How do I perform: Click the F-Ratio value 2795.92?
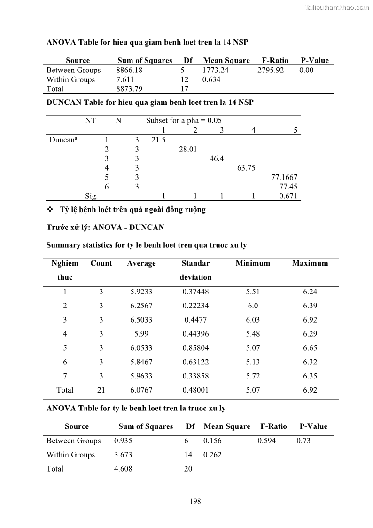[271, 70]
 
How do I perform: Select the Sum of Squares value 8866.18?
[129, 70]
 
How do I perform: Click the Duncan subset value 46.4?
[217, 158]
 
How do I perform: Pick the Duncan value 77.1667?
[284, 177]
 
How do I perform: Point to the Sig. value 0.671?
[288, 197]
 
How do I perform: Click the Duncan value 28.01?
[187, 149]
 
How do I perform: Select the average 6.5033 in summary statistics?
[141, 320]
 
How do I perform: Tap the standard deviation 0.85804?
[195, 348]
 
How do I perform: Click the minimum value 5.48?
[253, 334]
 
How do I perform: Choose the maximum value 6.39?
[310, 306]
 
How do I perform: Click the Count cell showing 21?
[101, 390]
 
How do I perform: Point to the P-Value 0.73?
[303, 441]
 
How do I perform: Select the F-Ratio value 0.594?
[267, 441]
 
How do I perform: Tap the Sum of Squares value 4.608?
[123, 469]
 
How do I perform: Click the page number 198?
[195, 501]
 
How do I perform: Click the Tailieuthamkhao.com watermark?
[337, 7]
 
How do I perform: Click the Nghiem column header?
[65, 263]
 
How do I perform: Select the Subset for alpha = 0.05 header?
[184, 120]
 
